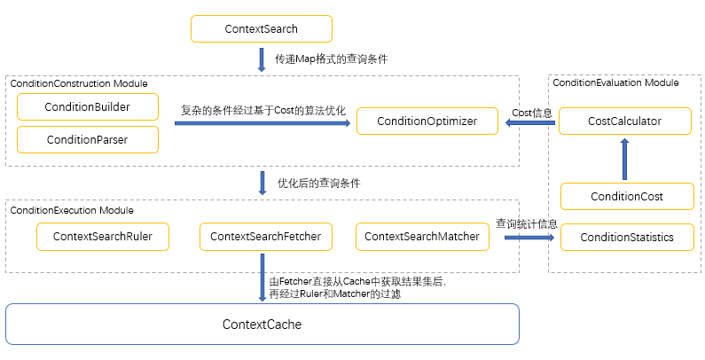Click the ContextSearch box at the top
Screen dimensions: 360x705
pyautogui.click(x=262, y=29)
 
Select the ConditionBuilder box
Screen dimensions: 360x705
pyautogui.click(x=88, y=107)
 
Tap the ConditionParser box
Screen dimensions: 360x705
pyautogui.click(x=88, y=139)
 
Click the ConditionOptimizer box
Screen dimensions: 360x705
pyautogui.click(x=427, y=121)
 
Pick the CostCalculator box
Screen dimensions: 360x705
pyautogui.click(x=624, y=121)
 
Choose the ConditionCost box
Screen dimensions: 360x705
pyautogui.click(x=627, y=197)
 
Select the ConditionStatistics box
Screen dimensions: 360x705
pyautogui.click(x=627, y=237)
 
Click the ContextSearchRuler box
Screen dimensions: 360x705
pyautogui.click(x=102, y=237)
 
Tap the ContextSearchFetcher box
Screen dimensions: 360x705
pyautogui.click(x=265, y=237)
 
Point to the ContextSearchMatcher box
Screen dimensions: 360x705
pyautogui.click(x=421, y=237)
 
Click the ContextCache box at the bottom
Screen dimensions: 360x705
pyautogui.click(x=262, y=325)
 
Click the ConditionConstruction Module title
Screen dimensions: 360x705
pyautogui.click(x=79, y=83)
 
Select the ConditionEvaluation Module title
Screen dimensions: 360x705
pyautogui.click(x=615, y=82)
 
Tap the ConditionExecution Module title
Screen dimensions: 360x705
pyautogui.click(x=72, y=210)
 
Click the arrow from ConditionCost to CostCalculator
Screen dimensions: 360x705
pyautogui.click(x=624, y=160)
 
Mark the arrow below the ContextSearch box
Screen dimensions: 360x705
pyautogui.click(x=262, y=59)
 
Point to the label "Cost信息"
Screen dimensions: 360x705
pyautogui.click(x=532, y=113)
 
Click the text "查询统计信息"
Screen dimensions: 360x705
pyautogui.click(x=527, y=223)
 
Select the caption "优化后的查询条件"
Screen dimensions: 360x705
pyautogui.click(x=318, y=183)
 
